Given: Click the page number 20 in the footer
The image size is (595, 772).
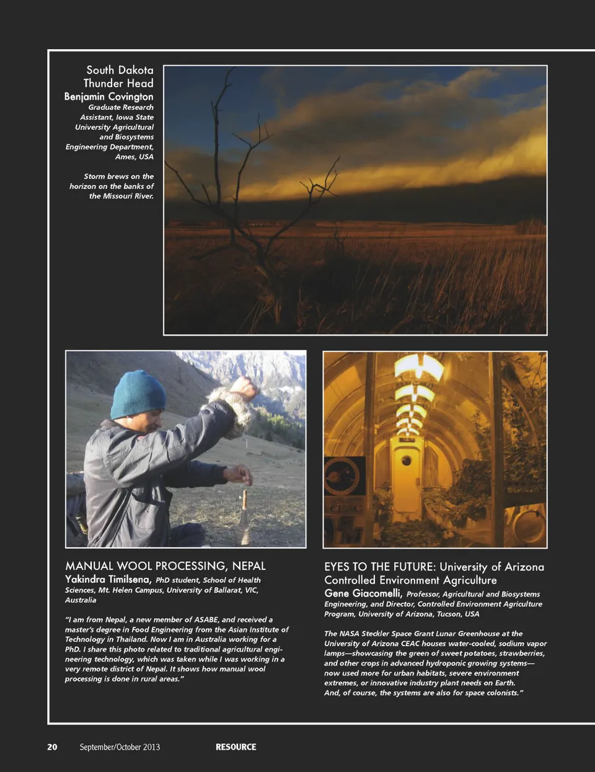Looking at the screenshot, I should point(52,747).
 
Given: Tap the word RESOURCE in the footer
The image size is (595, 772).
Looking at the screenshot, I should point(236,747).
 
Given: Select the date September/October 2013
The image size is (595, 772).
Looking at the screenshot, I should point(120,747).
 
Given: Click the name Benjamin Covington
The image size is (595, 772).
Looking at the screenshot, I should point(108,96).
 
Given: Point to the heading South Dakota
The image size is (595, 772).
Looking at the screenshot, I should point(120,70).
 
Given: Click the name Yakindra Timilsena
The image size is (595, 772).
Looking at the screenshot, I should point(108,579).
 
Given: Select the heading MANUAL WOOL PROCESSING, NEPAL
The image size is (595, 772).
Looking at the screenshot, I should point(165,566).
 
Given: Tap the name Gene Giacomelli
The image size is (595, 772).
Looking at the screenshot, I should point(363,593).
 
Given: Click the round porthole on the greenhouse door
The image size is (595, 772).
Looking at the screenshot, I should point(406,460).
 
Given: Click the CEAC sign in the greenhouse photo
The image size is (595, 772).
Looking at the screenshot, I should point(343,508).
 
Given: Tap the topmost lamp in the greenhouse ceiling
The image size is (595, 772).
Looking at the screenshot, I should point(419,366).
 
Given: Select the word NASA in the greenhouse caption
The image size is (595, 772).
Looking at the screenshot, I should point(351,633).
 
